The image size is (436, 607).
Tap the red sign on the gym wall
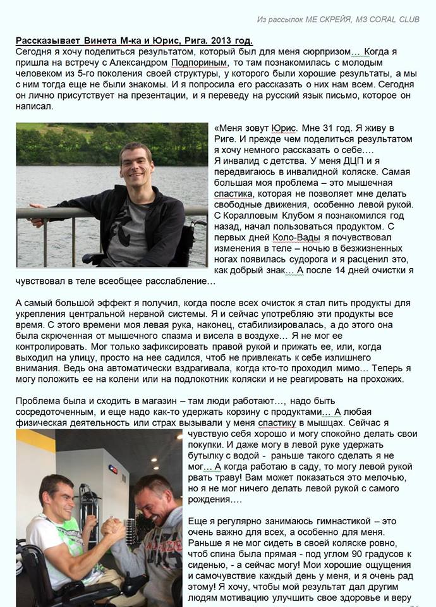pyautogui.click(x=112, y=469)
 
